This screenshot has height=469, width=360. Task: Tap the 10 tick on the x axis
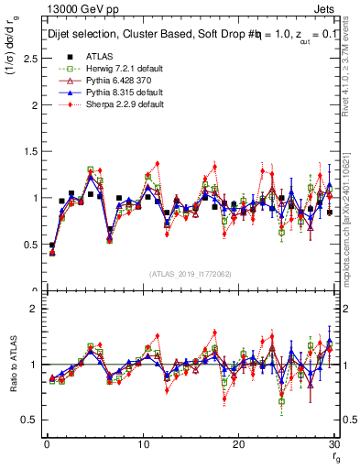point(143,444)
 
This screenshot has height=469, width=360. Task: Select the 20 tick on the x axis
point(239,444)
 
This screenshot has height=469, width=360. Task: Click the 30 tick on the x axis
point(334,444)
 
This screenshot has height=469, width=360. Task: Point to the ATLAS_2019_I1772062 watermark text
point(191,274)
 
